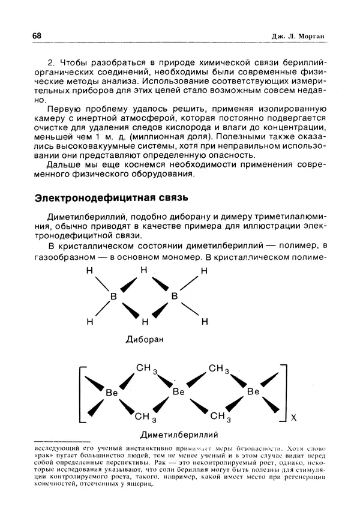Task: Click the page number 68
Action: point(37,36)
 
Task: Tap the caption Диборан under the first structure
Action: point(145,339)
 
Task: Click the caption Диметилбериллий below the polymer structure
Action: point(178,433)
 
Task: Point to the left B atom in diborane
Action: point(112,296)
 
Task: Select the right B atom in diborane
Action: point(175,296)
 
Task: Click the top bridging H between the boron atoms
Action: point(143,271)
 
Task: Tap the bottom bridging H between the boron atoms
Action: point(143,321)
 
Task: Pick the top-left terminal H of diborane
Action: point(89,271)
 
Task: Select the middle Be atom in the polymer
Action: point(178,392)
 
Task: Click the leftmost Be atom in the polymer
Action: point(112,392)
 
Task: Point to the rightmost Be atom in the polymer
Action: point(253,392)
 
